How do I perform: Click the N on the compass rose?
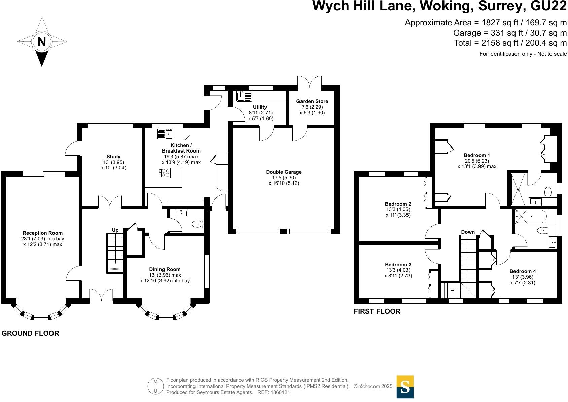pyautogui.click(x=42, y=42)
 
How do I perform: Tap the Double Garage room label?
pyautogui.click(x=284, y=172)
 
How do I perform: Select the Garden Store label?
pyautogui.click(x=312, y=101)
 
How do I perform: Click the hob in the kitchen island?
pyautogui.click(x=165, y=173)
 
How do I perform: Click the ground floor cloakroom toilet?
pyautogui.click(x=198, y=224)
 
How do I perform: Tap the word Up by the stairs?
pyautogui.click(x=115, y=230)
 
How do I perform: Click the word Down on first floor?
pyautogui.click(x=468, y=232)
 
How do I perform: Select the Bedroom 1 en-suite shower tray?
pyautogui.click(x=518, y=189)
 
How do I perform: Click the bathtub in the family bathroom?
pyautogui.click(x=531, y=216)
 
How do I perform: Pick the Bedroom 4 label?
pyautogui.click(x=523, y=271)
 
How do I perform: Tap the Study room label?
pyautogui.click(x=113, y=157)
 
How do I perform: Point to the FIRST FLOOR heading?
pyautogui.click(x=377, y=311)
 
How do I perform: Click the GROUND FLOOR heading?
pyautogui.click(x=30, y=333)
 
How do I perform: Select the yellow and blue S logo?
pyautogui.click(x=405, y=387)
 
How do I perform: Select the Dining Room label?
pyautogui.click(x=165, y=269)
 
